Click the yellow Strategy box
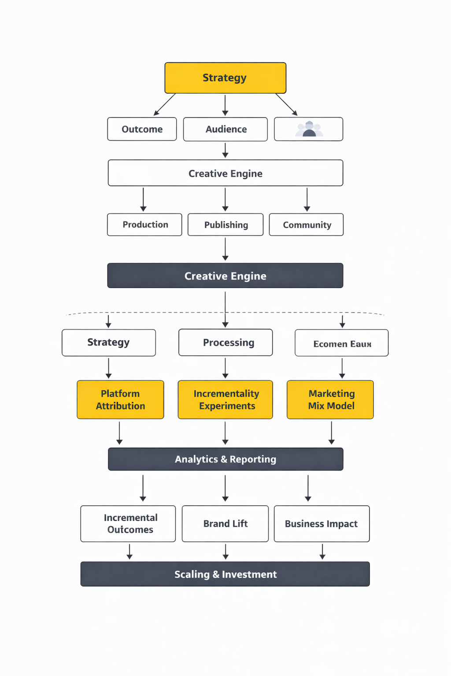225,78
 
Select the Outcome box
142,129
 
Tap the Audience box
225,129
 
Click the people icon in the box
309,129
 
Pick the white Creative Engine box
225,173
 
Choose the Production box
144,224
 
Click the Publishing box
225,224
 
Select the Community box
306,224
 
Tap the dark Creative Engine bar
225,276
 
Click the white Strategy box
108,342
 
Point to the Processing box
225,342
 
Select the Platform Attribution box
120,400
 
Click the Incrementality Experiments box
225,400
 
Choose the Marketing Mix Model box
330,400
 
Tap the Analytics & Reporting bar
225,459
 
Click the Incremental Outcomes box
128,523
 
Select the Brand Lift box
225,523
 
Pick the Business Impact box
322,523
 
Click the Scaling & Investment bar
225,574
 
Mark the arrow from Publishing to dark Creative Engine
225,249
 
